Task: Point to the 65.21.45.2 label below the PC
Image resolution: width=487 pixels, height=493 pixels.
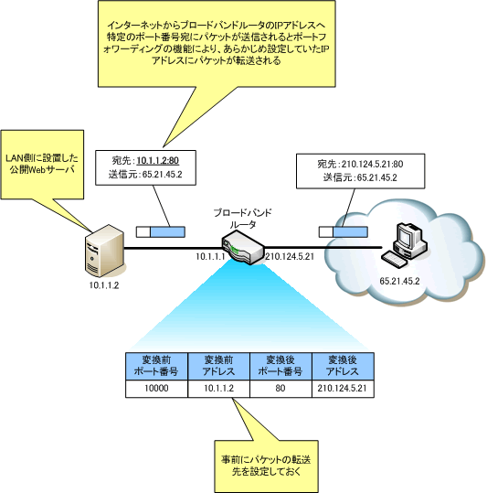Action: click(398, 281)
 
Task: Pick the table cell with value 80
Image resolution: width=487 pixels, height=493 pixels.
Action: click(281, 389)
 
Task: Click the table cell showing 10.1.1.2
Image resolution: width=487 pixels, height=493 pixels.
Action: click(217, 389)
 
